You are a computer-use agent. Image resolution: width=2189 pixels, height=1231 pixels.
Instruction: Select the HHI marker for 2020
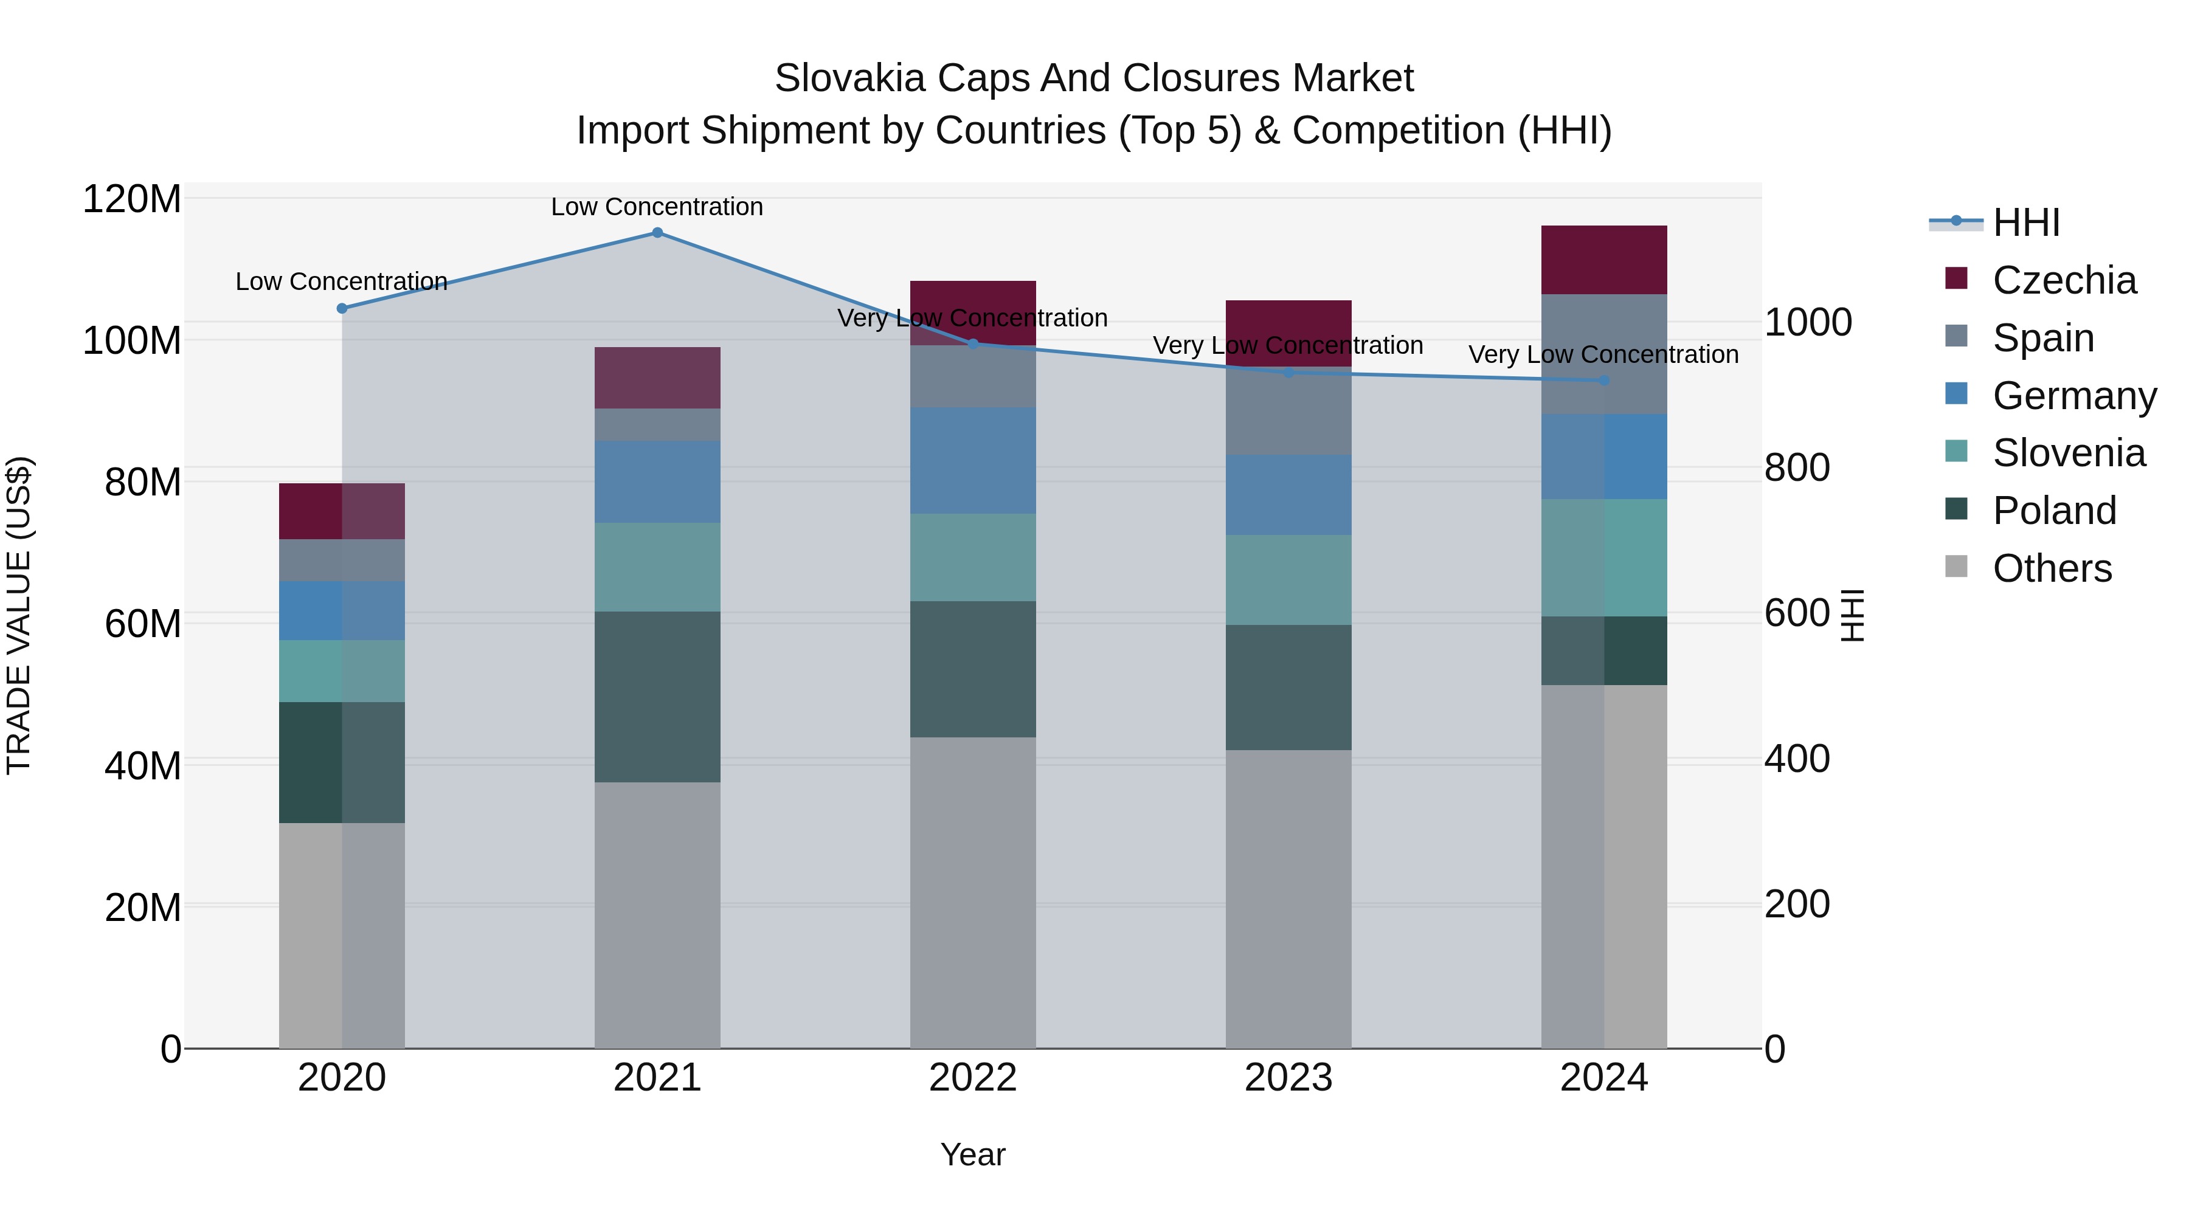(x=342, y=308)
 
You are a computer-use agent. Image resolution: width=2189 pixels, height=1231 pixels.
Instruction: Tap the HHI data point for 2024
(x=1603, y=381)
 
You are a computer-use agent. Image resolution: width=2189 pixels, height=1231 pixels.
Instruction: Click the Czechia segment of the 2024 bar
(x=1603, y=260)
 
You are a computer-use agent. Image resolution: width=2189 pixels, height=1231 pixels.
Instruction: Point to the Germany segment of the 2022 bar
(x=973, y=460)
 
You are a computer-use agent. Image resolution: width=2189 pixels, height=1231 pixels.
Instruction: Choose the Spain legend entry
(x=2043, y=338)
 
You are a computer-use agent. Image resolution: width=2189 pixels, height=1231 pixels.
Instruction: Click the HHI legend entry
(x=2026, y=222)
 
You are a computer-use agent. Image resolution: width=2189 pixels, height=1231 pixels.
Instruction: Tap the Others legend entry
(x=2052, y=568)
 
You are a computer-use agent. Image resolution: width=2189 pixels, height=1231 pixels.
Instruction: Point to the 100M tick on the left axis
(x=132, y=340)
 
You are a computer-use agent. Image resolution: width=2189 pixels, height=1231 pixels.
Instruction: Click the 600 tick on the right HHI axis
(x=1796, y=613)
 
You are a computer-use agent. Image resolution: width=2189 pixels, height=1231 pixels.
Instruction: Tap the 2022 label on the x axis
(x=973, y=1078)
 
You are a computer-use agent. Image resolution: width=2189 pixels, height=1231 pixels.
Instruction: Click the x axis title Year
(x=973, y=1154)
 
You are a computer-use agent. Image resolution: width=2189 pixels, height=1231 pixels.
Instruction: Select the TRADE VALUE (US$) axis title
(x=19, y=615)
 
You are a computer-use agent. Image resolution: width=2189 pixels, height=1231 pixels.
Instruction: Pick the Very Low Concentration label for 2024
(x=1603, y=354)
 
